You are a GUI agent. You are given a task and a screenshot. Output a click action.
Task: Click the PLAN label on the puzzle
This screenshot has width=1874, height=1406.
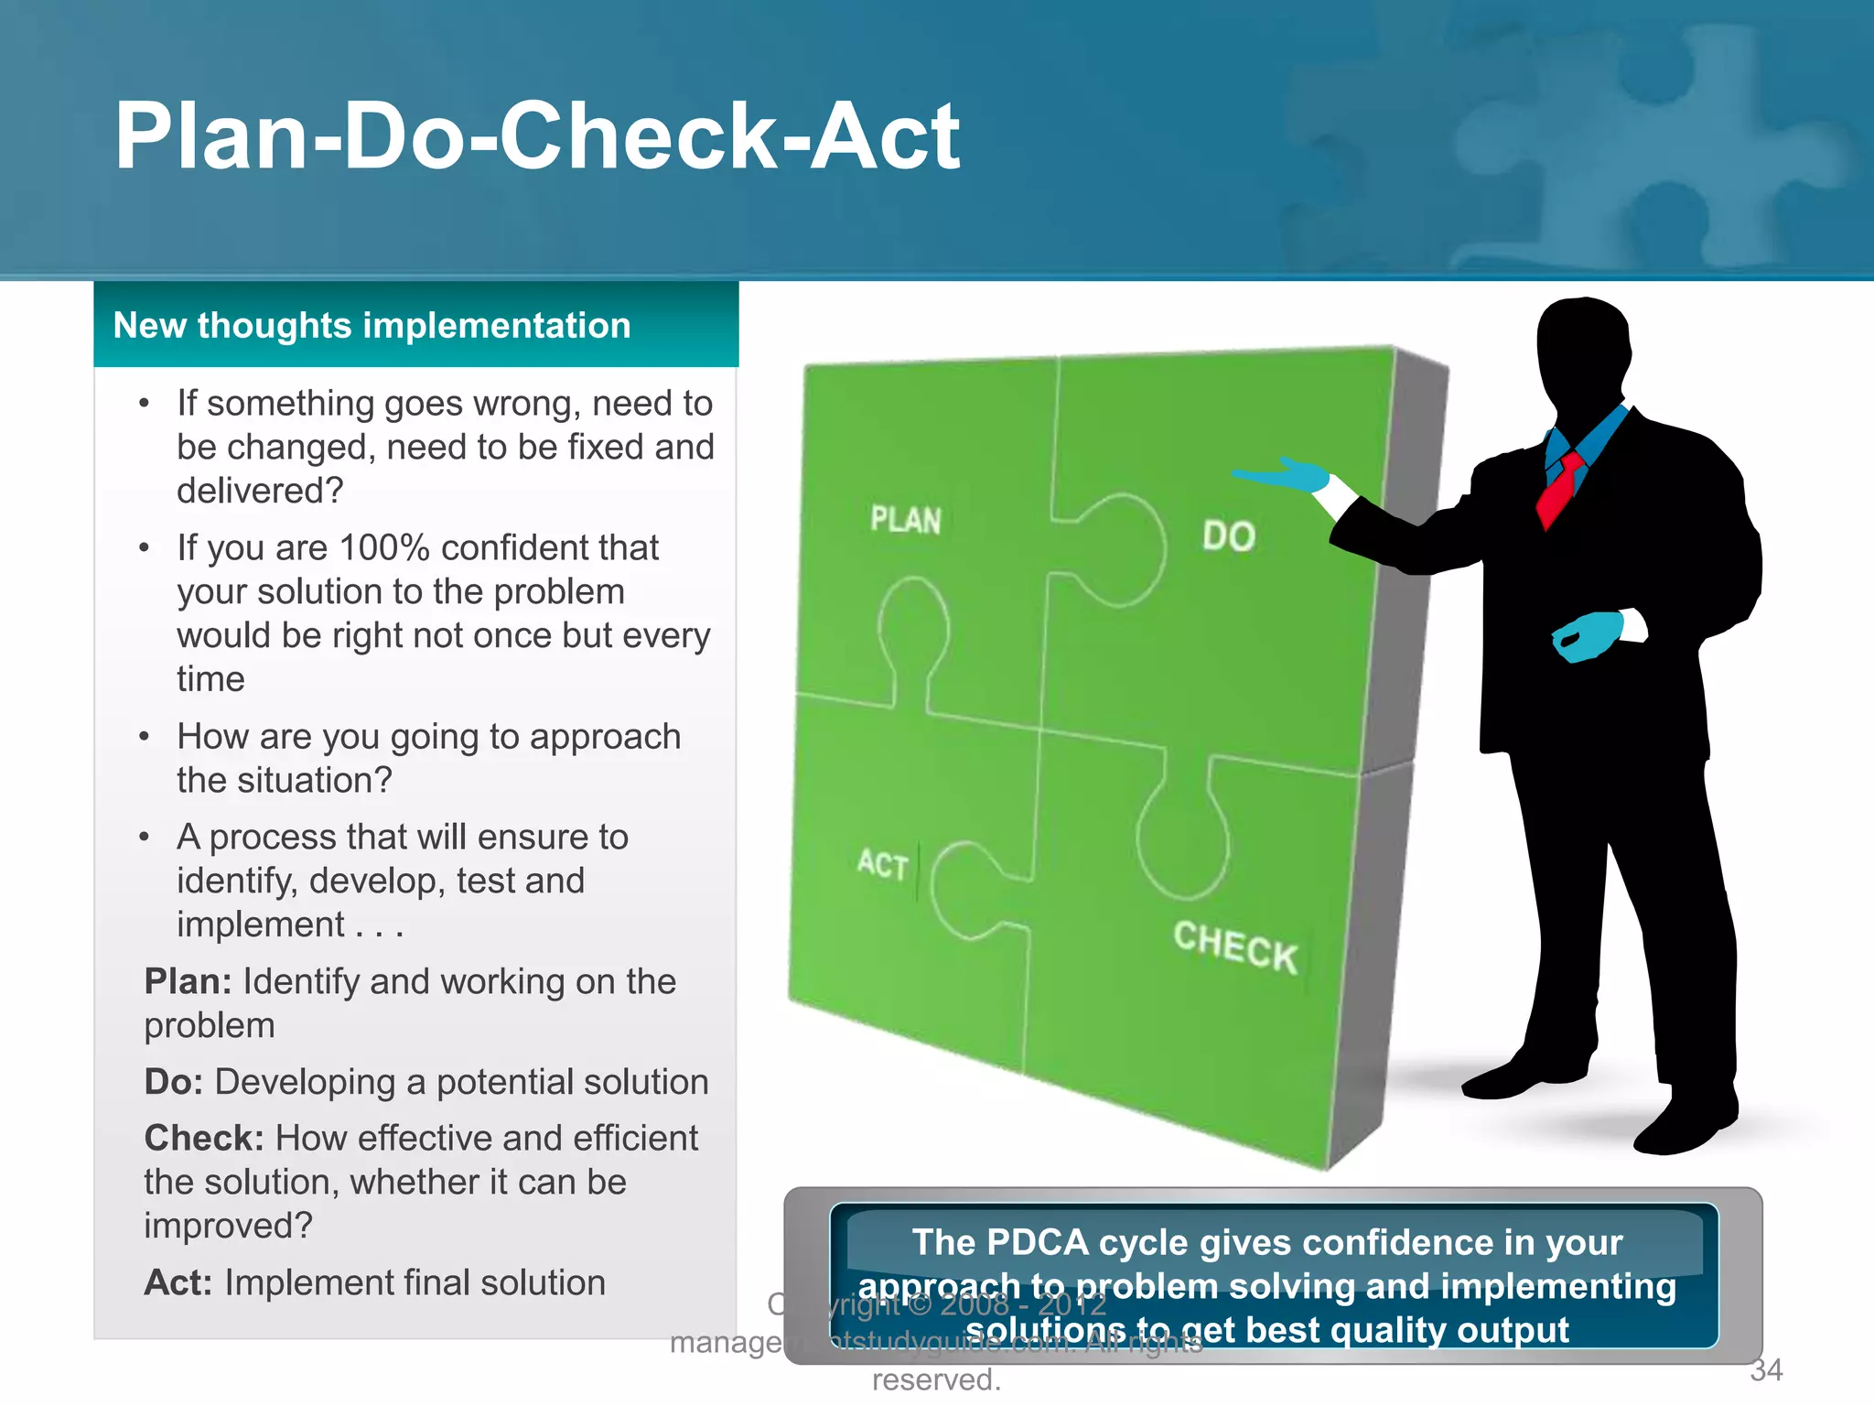click(905, 520)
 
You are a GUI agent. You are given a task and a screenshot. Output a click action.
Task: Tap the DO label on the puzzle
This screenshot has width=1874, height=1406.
click(1228, 536)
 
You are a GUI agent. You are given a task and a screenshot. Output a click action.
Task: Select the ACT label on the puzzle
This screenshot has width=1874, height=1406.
click(883, 864)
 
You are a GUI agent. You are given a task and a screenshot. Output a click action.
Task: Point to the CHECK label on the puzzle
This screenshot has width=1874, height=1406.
click(1235, 947)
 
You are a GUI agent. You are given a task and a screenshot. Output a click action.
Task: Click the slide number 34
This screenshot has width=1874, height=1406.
click(1766, 1370)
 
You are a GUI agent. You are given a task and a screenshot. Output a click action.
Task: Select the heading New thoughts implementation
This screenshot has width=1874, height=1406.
click(372, 326)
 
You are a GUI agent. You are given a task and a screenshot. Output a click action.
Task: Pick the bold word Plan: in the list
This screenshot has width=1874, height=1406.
click(188, 982)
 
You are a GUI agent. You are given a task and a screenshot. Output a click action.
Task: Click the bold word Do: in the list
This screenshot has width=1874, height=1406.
click(173, 1082)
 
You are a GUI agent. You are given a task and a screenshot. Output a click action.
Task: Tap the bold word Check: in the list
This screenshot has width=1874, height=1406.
click(204, 1139)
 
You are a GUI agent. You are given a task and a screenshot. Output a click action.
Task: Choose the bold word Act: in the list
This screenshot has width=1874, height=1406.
click(178, 1283)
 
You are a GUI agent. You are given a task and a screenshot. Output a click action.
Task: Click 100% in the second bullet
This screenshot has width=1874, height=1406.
click(384, 548)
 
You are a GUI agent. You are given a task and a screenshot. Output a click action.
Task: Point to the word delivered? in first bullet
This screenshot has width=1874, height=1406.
click(260, 492)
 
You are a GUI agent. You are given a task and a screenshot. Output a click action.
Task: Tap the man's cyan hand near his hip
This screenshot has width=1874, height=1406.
click(1588, 635)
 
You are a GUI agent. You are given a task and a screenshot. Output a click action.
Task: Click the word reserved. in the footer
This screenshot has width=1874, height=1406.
click(936, 1379)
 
